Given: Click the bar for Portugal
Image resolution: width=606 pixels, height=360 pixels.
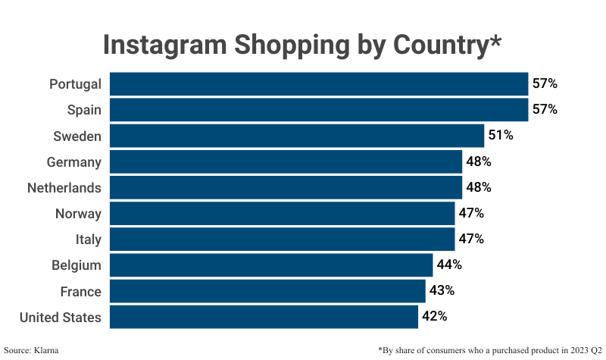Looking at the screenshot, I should [318, 83].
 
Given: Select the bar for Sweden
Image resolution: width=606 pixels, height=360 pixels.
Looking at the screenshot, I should [297, 136].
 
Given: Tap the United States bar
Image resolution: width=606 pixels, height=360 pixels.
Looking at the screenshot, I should [264, 317].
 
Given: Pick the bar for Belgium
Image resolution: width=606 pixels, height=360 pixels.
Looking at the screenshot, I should [271, 265].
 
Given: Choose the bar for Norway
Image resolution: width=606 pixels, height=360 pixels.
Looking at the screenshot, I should [282, 213].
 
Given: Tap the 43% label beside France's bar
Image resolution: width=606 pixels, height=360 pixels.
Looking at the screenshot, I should [442, 290].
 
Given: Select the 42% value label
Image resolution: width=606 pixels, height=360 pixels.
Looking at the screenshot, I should [434, 316].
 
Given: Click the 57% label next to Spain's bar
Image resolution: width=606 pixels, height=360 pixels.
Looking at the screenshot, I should [545, 109].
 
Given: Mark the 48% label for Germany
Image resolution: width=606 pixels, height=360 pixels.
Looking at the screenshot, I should [479, 161].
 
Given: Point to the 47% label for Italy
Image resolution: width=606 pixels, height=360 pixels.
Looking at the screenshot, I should [471, 239].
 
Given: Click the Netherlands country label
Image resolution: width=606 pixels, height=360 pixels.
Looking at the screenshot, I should [64, 187].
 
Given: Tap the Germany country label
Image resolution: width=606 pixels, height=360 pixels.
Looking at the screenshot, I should [73, 161].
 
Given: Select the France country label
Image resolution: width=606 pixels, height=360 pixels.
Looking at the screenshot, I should [80, 291].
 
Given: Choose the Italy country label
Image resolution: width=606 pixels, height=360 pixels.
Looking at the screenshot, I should [88, 239].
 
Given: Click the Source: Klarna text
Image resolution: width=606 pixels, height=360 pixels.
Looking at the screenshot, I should [31, 349].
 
